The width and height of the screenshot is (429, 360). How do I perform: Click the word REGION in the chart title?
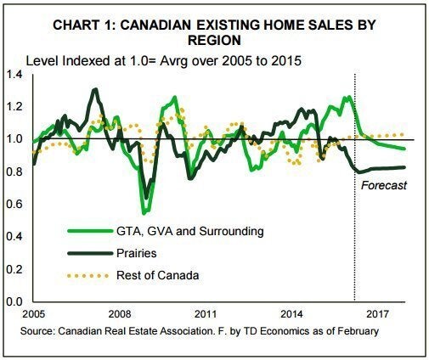tap(214, 41)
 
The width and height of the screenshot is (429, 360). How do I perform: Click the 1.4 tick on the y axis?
tap(14, 75)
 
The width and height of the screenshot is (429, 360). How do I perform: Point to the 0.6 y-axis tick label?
tap(14, 204)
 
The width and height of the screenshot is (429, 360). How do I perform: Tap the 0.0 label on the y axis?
tap(14, 301)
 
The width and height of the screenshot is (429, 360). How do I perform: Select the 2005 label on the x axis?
tap(33, 314)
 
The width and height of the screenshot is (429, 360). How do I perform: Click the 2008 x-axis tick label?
tap(120, 314)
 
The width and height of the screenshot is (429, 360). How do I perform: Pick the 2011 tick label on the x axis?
tap(206, 314)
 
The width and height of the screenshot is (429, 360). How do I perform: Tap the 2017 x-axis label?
tap(377, 314)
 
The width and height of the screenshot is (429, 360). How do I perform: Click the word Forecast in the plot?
tap(384, 185)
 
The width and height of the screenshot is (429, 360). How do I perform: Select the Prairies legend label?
tap(137, 253)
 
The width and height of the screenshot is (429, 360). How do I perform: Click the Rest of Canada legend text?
tap(158, 275)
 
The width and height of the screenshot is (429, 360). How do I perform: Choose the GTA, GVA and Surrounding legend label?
tap(190, 232)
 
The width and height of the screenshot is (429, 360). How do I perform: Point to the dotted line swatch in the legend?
tap(87, 276)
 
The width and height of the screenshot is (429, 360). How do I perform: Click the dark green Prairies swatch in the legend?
tap(90, 254)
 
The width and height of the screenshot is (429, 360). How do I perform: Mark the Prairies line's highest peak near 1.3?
tap(95, 90)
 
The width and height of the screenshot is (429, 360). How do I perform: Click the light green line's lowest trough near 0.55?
tap(144, 213)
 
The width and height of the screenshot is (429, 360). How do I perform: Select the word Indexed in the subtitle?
tap(87, 61)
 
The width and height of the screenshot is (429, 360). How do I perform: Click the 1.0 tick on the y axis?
tap(14, 139)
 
